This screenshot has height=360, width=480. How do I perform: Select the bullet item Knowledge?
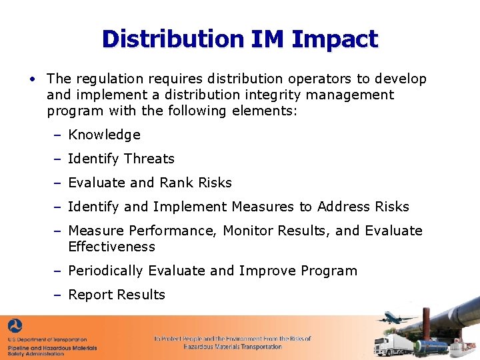click(104, 135)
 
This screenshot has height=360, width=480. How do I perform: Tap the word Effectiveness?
click(111, 247)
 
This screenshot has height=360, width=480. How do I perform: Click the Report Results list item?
click(117, 295)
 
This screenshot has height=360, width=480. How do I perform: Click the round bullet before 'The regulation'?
click(31, 79)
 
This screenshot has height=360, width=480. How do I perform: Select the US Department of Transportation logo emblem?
click(15, 327)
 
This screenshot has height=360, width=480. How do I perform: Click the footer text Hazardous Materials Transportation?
click(233, 347)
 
